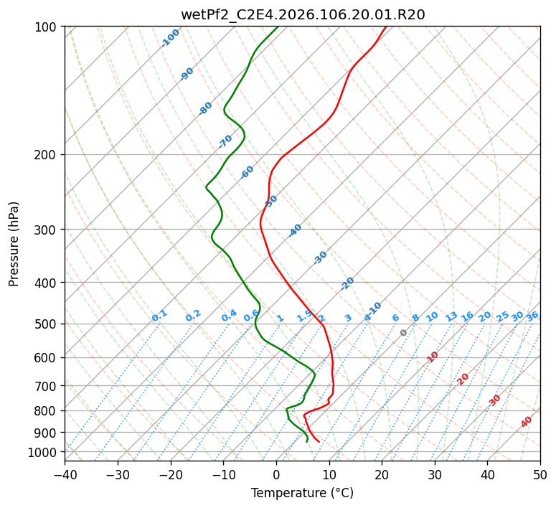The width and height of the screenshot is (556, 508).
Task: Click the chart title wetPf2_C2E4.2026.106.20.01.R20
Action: pyautogui.click(x=303, y=14)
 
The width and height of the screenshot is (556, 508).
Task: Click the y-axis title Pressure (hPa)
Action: pyautogui.click(x=14, y=244)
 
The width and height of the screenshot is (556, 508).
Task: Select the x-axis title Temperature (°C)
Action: pyautogui.click(x=302, y=493)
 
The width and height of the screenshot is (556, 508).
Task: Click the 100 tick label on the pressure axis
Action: pyautogui.click(x=47, y=27)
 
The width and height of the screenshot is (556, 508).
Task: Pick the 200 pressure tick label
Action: pyautogui.click(x=47, y=154)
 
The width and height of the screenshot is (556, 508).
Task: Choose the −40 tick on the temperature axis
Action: pyautogui.click(x=65, y=474)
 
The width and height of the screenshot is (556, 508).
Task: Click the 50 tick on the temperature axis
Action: pyautogui.click(x=540, y=474)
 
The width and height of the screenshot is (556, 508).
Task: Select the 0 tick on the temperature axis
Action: pyautogui.click(x=276, y=474)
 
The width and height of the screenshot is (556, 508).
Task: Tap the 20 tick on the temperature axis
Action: pyautogui.click(x=382, y=474)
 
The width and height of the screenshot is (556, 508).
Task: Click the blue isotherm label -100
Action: pyautogui.click(x=171, y=37)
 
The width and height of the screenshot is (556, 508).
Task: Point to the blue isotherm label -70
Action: pyautogui.click(x=225, y=141)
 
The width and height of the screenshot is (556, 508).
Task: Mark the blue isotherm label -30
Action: pyautogui.click(x=320, y=258)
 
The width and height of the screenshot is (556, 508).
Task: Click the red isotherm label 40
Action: pyautogui.click(x=527, y=422)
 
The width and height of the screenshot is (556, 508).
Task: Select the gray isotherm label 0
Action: pyautogui.click(x=404, y=333)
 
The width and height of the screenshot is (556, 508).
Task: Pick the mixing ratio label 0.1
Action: pyautogui.click(x=159, y=315)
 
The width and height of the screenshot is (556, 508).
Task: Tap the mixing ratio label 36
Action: pyautogui.click(x=532, y=316)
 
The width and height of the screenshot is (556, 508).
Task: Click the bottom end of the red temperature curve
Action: pyautogui.click(x=319, y=441)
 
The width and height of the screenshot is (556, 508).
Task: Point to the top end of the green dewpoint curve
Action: pyautogui.click(x=278, y=27)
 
